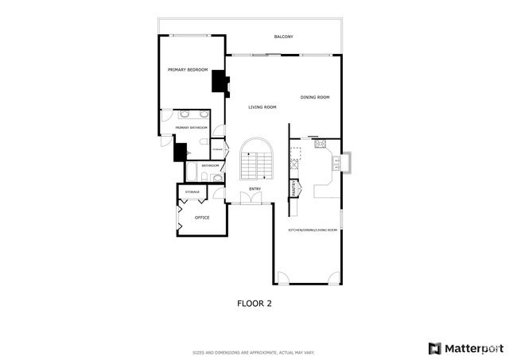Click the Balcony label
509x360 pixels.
point(284,37)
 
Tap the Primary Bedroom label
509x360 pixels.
point(188,70)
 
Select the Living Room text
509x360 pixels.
point(262,107)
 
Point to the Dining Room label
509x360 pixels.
point(315,98)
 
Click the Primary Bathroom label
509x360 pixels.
point(192,128)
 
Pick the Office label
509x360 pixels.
point(202,217)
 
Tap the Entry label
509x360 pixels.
point(255,189)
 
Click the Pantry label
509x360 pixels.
point(294,189)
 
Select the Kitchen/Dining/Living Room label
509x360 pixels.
point(313,230)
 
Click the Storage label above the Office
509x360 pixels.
point(192,192)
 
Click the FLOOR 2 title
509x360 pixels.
point(254,303)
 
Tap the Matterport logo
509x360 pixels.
point(465,348)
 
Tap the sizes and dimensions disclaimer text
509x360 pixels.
point(254,352)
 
